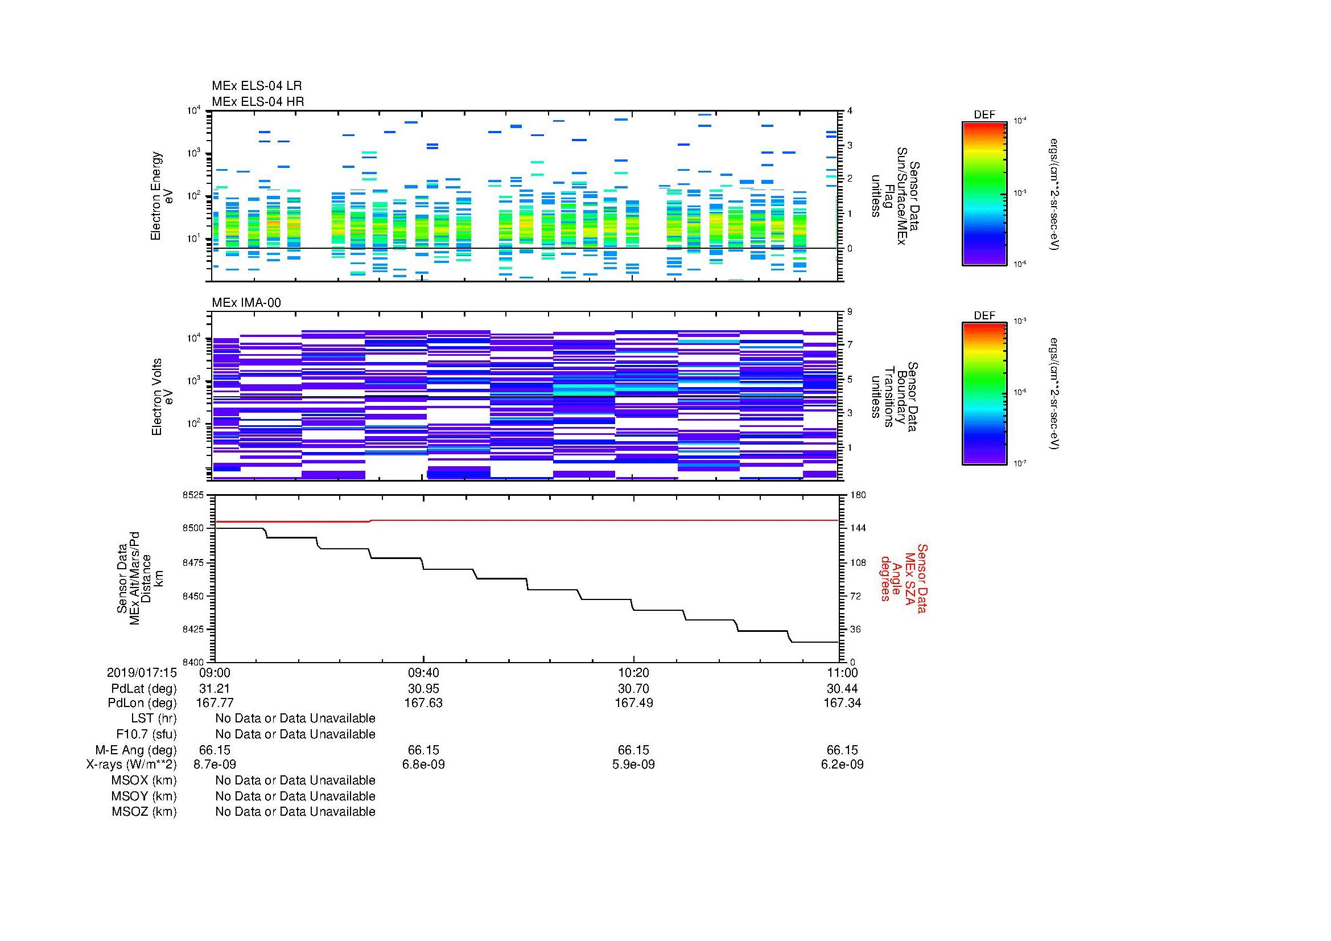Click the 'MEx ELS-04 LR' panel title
256,86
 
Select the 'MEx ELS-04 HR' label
257,101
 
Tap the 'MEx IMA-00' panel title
246,303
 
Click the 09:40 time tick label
424,672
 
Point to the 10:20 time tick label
633,672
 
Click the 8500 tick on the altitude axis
193,528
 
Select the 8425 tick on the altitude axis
193,629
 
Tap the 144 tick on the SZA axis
858,528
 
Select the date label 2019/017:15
142,672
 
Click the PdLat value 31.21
215,689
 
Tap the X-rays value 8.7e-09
215,765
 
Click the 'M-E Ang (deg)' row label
135,750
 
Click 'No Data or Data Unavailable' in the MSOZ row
295,812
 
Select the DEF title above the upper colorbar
984,115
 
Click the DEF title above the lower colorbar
984,315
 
